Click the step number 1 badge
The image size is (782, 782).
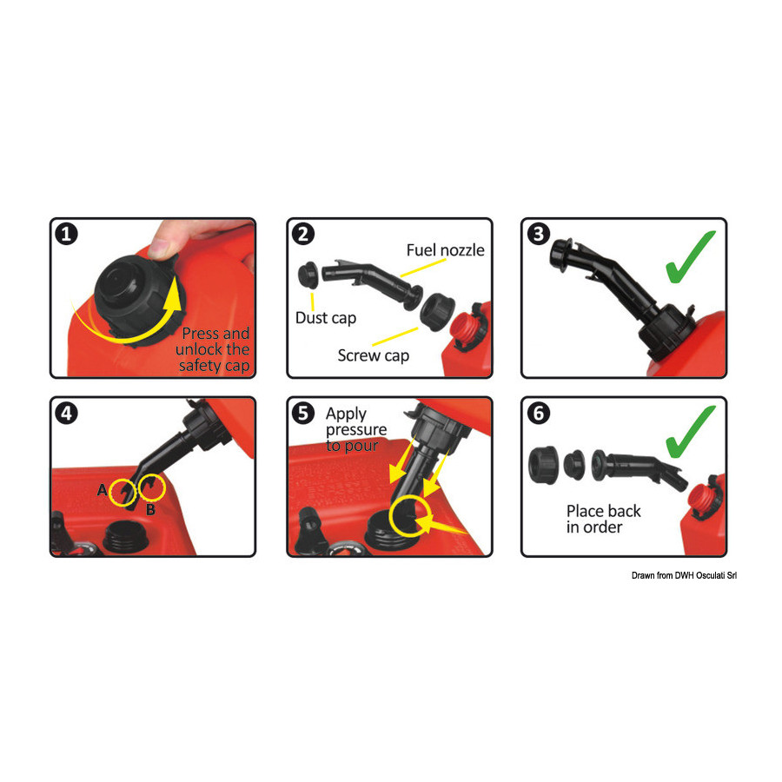(x=66, y=234)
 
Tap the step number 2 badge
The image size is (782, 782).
(x=303, y=234)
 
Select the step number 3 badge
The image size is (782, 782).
(x=539, y=234)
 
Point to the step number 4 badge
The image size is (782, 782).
(x=66, y=414)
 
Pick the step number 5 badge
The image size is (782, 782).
(x=303, y=414)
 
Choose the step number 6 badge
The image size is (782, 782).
(x=539, y=414)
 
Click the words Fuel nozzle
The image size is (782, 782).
(x=446, y=250)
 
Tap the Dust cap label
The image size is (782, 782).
(x=326, y=318)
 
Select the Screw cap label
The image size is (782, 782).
(x=374, y=355)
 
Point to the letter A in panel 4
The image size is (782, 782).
(x=103, y=490)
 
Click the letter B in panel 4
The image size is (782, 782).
(x=150, y=510)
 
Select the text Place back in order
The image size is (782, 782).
(x=604, y=520)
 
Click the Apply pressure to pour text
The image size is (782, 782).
(x=356, y=429)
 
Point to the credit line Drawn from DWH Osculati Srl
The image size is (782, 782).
(x=684, y=575)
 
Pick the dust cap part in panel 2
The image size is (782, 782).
(x=308, y=275)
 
